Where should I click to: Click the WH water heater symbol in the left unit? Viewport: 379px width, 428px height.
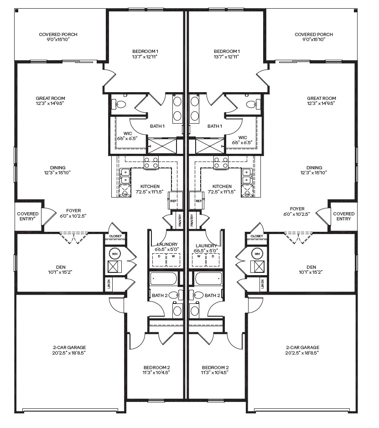pos(114,253)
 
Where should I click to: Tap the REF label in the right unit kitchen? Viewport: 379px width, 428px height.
pos(198,201)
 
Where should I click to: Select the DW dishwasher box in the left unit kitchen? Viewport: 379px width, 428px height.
pos(125,194)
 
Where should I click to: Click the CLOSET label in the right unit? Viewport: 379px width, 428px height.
pos(257,236)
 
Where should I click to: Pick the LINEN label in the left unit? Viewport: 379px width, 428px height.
pos(109,284)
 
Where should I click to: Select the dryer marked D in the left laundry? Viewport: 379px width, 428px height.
pos(159,257)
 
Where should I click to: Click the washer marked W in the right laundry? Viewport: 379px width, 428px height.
pos(198,257)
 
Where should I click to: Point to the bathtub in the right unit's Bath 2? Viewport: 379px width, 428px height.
pos(208,278)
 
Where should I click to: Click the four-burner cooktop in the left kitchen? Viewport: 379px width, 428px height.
pos(151,163)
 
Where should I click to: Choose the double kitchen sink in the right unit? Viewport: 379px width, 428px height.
pos(247,176)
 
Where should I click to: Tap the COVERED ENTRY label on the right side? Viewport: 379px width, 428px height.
pos(343,216)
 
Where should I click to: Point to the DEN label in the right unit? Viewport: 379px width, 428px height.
pos(311,267)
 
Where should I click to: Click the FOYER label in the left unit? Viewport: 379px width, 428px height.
pos(73,211)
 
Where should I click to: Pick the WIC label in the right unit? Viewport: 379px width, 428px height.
pos(243,137)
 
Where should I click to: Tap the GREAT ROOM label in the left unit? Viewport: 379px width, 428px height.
pos(51,98)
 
